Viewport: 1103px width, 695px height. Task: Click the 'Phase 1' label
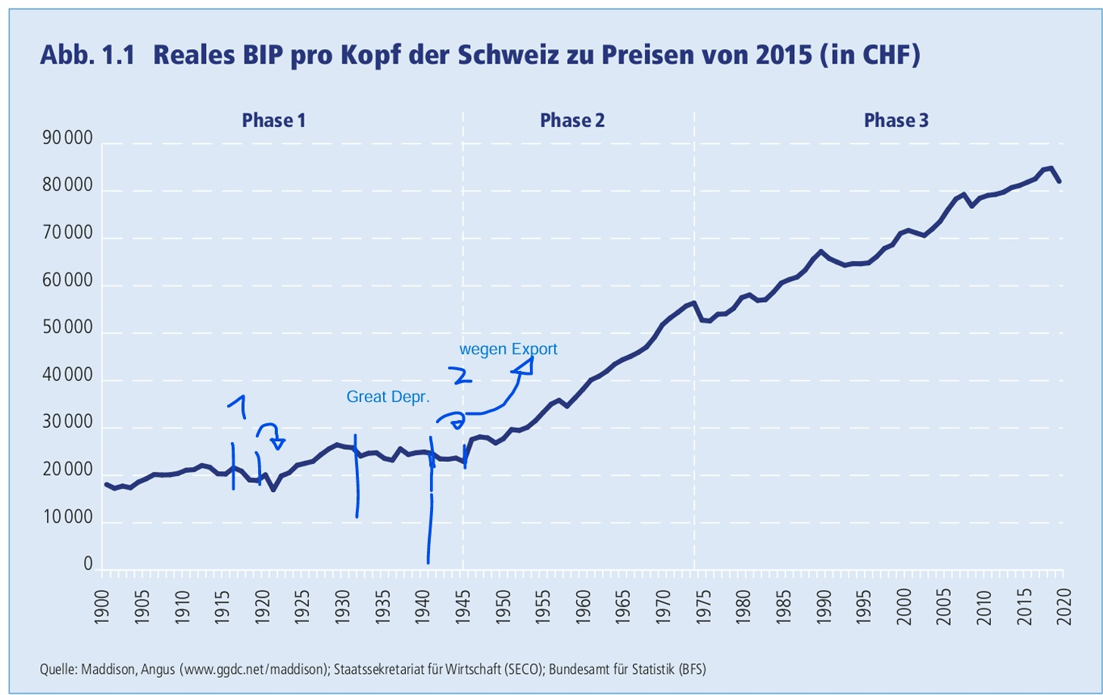pyautogui.click(x=273, y=120)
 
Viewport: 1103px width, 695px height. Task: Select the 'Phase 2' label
pyautogui.click(x=572, y=120)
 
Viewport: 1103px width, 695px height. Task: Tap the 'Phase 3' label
pyautogui.click(x=896, y=120)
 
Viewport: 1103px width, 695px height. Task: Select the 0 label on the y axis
pyautogui.click(x=88, y=565)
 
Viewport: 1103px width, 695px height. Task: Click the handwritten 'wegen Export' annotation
pyautogui.click(x=508, y=349)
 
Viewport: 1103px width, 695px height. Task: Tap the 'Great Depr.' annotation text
pyautogui.click(x=388, y=397)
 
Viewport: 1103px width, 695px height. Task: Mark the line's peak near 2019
pyautogui.click(x=1051, y=168)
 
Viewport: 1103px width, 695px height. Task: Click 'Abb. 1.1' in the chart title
pyautogui.click(x=86, y=55)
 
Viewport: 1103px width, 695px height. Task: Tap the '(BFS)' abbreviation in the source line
pyautogui.click(x=691, y=669)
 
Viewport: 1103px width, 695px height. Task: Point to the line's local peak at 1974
pyautogui.click(x=693, y=302)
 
